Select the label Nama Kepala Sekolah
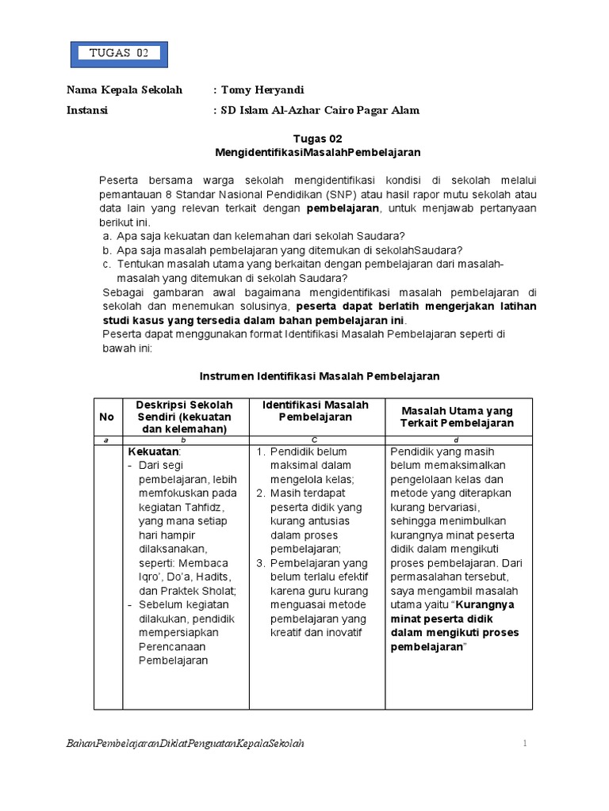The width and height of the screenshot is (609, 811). [124, 90]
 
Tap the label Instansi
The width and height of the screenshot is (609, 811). [87, 111]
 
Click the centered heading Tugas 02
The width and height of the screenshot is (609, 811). [317, 138]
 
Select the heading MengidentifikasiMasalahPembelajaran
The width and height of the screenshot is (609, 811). [317, 151]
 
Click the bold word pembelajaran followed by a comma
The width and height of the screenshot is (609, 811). [343, 208]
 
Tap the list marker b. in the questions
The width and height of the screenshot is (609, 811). [107, 250]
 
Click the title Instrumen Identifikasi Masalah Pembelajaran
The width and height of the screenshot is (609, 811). [317, 375]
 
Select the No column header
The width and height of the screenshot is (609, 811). [106, 417]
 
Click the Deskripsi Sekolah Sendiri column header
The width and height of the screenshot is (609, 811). [184, 417]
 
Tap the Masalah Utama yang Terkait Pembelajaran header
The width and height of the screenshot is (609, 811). [457, 417]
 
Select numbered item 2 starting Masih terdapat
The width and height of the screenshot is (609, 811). [309, 493]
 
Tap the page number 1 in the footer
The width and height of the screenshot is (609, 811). [524, 744]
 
